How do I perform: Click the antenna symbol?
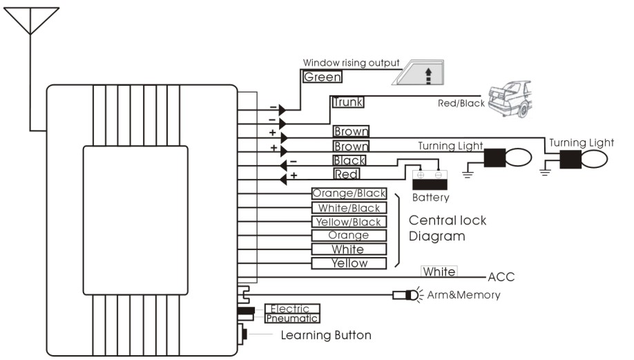click(29, 21)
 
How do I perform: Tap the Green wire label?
click(323, 77)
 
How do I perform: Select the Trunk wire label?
click(347, 102)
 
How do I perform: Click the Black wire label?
click(349, 160)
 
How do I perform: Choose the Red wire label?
click(346, 174)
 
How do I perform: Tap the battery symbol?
click(430, 180)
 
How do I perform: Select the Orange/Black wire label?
click(349, 193)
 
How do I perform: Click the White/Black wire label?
click(349, 208)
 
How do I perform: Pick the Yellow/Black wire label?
click(349, 222)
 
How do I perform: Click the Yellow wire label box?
click(349, 263)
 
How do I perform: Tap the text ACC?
click(501, 278)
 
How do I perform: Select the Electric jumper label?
click(293, 309)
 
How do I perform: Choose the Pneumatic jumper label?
click(293, 319)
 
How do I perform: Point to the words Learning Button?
click(326, 336)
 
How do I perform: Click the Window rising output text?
click(351, 64)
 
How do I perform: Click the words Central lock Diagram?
click(448, 228)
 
